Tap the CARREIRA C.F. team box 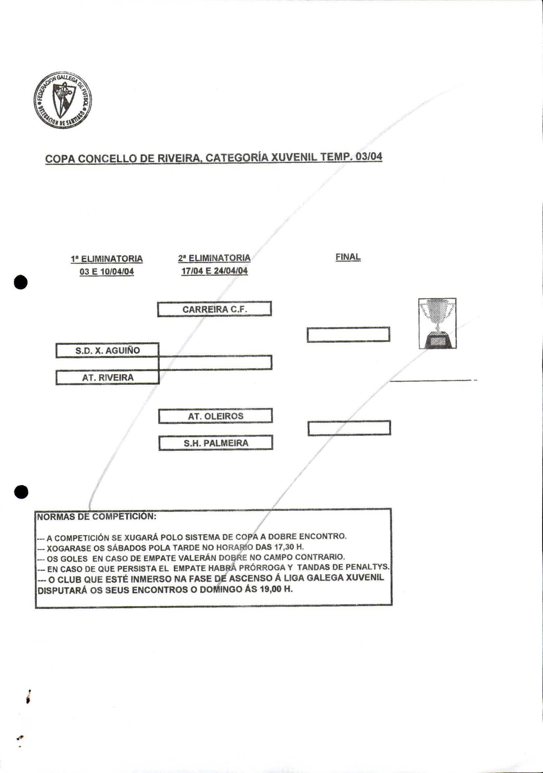click(x=215, y=309)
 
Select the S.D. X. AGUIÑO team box click(x=107, y=350)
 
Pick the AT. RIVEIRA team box click(x=107, y=377)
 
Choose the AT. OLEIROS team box click(x=215, y=416)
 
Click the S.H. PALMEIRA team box click(x=216, y=443)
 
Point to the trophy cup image click(x=437, y=323)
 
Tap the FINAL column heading click(x=348, y=257)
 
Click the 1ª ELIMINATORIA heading click(x=107, y=258)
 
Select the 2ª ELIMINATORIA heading click(x=215, y=258)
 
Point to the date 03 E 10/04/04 click(x=107, y=271)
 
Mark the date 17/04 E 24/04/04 click(x=215, y=271)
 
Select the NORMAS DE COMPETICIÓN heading click(x=97, y=517)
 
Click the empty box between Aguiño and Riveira click(x=215, y=362)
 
